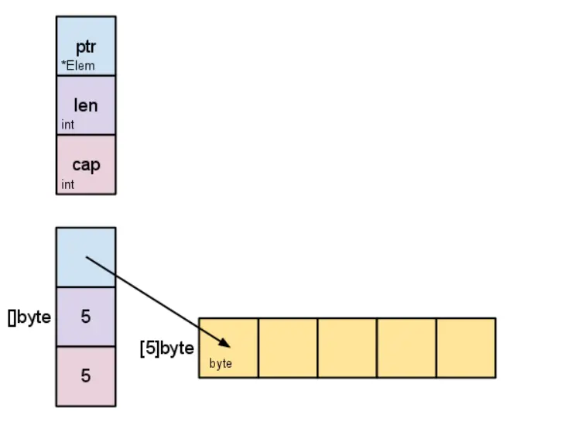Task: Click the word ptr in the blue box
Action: pos(86,48)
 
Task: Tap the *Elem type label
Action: pos(78,66)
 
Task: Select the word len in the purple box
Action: pos(86,105)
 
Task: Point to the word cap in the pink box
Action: pos(86,164)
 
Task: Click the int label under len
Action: pos(68,125)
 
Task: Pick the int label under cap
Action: pos(68,184)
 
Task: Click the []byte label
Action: pos(29,317)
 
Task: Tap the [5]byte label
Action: pos(166,348)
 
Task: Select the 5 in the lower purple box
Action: pos(86,317)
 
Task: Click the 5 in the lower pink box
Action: pos(86,376)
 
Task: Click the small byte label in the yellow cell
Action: pos(221,363)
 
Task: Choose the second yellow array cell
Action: pos(288,348)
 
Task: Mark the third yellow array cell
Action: pos(347,348)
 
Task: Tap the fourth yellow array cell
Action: pos(406,348)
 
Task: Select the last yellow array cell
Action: pos(466,348)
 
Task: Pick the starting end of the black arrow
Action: pos(86,257)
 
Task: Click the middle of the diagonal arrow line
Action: pos(158,302)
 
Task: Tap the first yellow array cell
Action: pos(228,333)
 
